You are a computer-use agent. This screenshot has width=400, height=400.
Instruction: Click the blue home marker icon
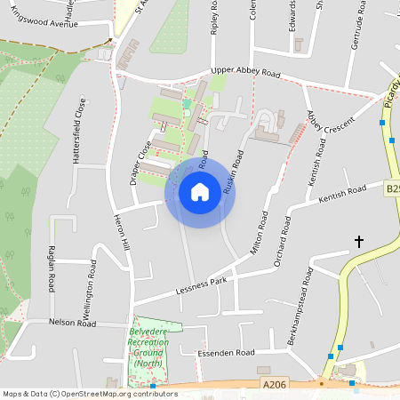point(200,191)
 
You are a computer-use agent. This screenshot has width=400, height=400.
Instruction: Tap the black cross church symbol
point(359,241)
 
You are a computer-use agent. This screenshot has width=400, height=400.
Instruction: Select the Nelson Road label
point(72,323)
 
